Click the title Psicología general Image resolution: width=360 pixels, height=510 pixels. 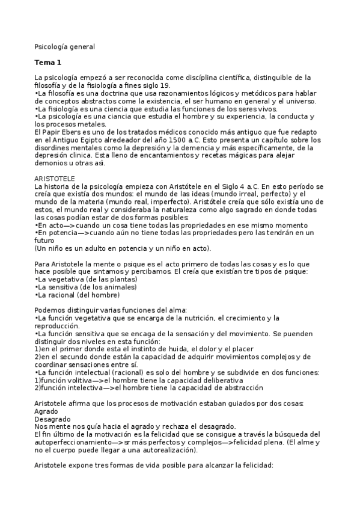[64, 46]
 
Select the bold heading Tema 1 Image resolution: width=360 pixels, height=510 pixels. [47, 62]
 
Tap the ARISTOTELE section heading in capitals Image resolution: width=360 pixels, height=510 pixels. [55, 179]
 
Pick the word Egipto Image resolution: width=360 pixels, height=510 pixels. [88, 140]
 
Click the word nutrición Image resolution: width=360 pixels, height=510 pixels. [194, 317]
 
